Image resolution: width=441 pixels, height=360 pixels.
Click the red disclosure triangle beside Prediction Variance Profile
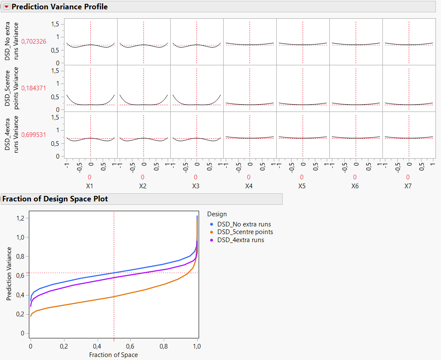[x=6, y=7]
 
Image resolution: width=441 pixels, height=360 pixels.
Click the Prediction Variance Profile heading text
[x=59, y=7]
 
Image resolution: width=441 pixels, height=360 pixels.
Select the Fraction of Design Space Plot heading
[x=55, y=199]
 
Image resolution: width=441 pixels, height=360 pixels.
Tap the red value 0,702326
[x=34, y=41]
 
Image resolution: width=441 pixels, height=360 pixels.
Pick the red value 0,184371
[x=34, y=88]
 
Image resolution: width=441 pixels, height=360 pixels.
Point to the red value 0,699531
[x=34, y=134]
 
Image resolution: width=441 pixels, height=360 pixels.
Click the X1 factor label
[x=90, y=186]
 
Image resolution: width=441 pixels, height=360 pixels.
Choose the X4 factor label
[x=249, y=186]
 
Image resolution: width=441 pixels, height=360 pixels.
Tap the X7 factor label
[x=408, y=186]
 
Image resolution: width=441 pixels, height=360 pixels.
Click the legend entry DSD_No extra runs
[x=244, y=224]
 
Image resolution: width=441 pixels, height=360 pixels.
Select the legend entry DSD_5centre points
[x=245, y=232]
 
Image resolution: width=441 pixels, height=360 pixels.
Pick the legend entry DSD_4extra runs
[x=240, y=240]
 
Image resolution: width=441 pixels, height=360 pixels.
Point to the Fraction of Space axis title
[x=113, y=354]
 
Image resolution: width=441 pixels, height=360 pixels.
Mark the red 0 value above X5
[x=302, y=177]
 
